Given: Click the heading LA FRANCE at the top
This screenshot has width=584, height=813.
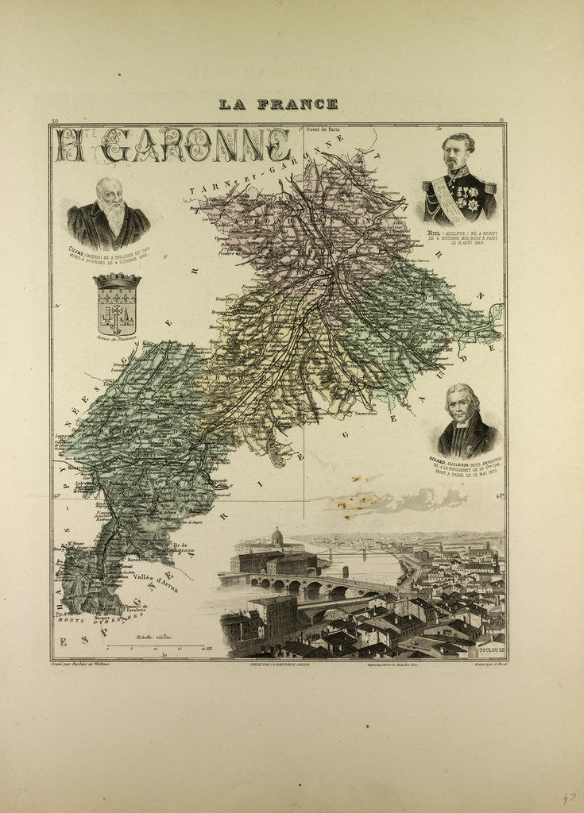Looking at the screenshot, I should [278, 104].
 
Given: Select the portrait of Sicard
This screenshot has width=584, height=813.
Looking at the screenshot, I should [467, 421].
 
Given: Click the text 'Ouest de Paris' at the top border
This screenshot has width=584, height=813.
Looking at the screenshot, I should [325, 129].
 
